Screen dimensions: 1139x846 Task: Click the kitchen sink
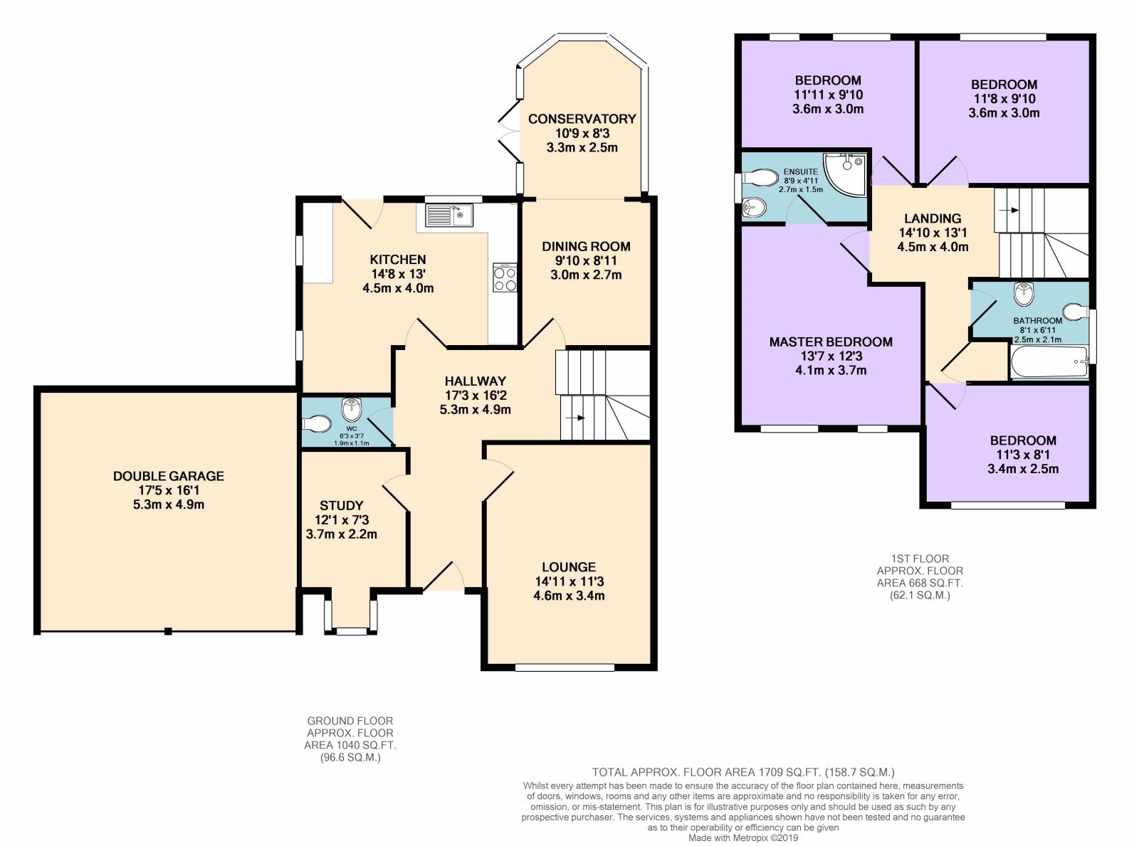449,215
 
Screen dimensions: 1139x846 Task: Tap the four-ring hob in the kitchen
505,277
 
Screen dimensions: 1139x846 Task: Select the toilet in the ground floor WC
316,424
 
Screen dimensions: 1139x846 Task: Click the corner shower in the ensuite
844,174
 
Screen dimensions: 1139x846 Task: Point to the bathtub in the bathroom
1049,362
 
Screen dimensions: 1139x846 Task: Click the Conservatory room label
582,119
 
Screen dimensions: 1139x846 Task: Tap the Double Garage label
169,476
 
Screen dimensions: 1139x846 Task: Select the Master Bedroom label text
830,342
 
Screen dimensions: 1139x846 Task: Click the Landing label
933,218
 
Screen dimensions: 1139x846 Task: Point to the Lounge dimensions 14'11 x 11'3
569,581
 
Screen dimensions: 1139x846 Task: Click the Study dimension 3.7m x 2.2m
342,534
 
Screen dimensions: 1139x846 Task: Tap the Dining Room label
586,246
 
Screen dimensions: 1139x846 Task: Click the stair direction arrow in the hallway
574,418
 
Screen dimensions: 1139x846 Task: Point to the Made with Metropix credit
743,837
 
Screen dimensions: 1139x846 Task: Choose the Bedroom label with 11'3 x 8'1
1023,440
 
